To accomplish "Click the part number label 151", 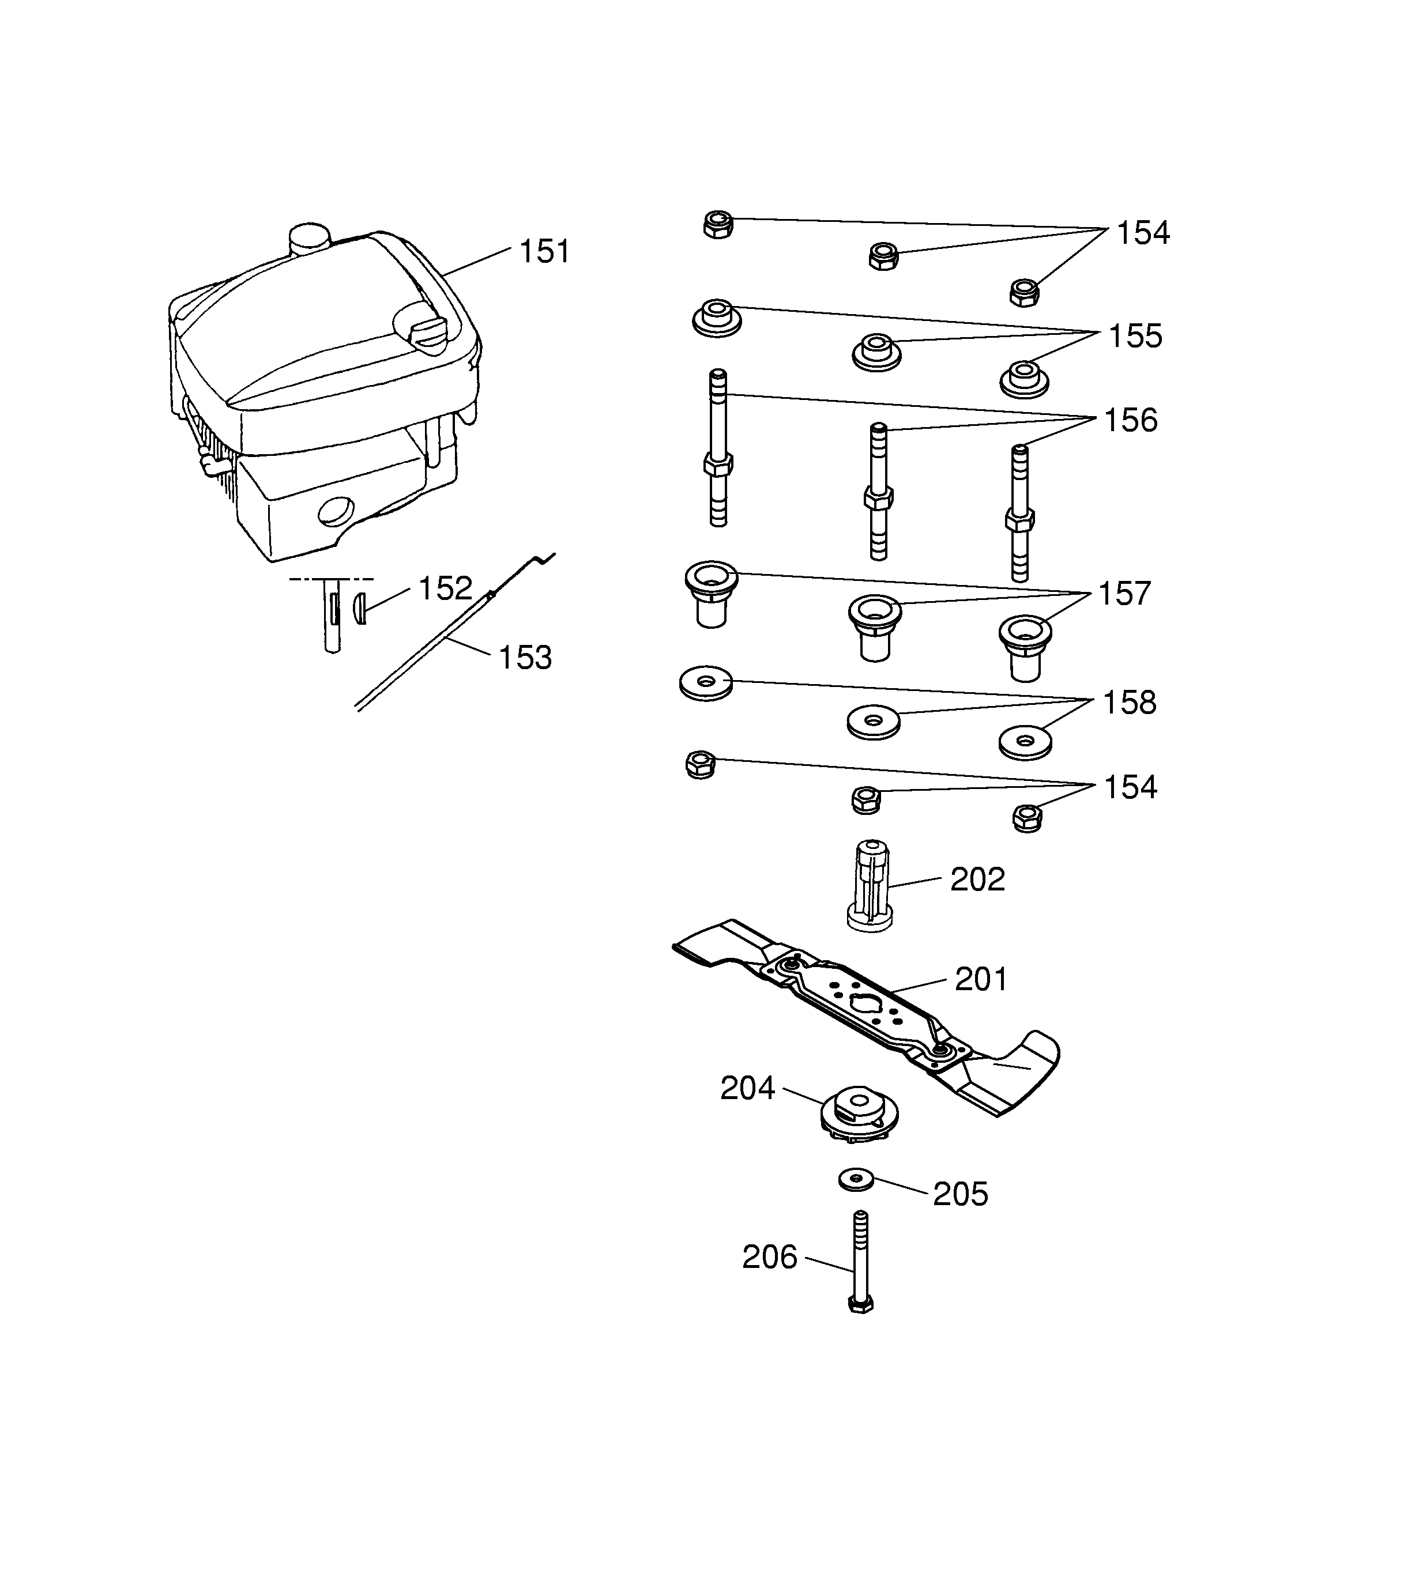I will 544,252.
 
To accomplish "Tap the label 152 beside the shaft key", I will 445,588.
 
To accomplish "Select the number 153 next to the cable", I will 525,658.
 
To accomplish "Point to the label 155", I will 1135,336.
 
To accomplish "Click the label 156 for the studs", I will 1130,420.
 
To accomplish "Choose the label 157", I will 1124,594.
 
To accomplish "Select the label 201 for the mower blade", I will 981,980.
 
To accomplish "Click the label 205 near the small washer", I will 961,1195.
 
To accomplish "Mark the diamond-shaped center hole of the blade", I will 866,1005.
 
